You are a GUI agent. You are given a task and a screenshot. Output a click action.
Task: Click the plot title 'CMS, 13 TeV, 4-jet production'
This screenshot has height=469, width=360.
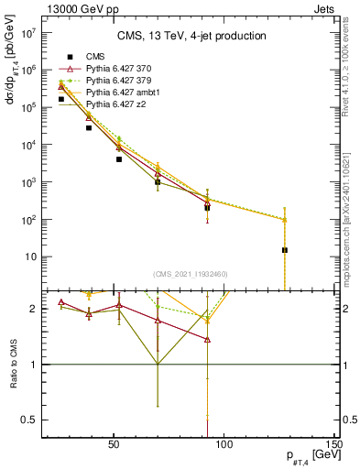pos(191,37)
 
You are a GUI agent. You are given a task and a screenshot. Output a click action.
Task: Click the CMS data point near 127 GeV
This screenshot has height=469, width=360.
pos(285,249)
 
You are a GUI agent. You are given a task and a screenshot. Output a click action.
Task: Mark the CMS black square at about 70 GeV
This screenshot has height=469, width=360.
pos(158,182)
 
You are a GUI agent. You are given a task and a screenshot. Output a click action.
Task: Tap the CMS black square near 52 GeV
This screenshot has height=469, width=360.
pos(119,159)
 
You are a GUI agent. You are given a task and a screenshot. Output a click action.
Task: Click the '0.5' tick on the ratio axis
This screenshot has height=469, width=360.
pos(31,420)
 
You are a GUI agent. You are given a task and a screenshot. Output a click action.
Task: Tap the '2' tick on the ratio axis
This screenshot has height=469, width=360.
pos(36,309)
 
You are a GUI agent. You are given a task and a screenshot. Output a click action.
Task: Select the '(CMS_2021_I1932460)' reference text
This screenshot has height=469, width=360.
pos(191,273)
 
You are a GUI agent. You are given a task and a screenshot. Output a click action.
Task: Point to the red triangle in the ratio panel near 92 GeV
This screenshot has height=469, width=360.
pos(207,339)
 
